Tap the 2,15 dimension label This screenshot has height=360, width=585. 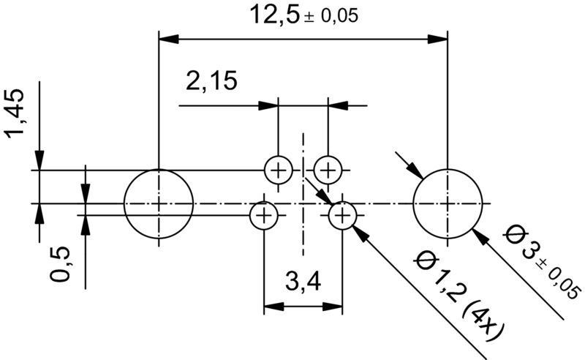tap(211, 81)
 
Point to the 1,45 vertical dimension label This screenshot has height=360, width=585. tap(16, 113)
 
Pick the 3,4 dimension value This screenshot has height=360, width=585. tap(302, 280)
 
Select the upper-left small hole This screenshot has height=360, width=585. tap(278, 170)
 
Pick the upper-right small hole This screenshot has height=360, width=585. tap(328, 170)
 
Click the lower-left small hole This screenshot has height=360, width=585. tap(263, 216)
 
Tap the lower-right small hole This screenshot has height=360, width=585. tap(342, 216)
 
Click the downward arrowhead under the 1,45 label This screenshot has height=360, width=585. tap(40, 161)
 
